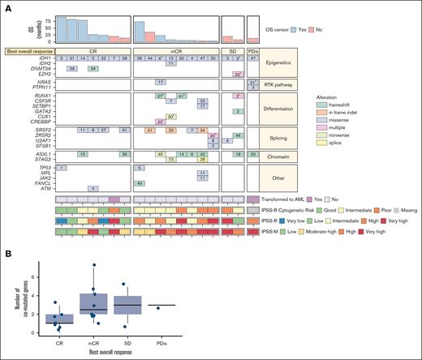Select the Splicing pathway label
(286, 135)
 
